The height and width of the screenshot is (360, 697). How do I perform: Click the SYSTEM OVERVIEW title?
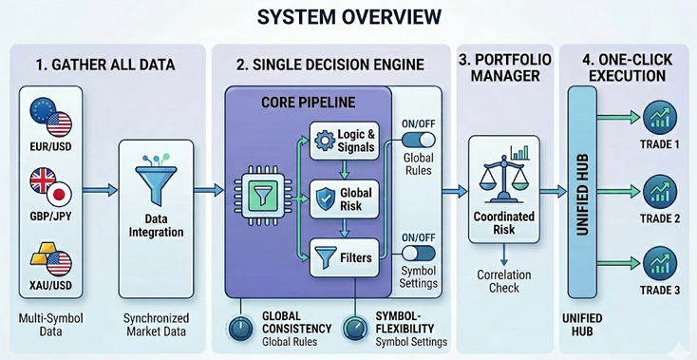tap(348, 17)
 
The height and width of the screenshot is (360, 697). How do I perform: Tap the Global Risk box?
tap(344, 198)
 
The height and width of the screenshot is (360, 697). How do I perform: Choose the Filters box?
tap(344, 256)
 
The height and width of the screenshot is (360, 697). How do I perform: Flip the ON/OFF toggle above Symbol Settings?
tap(419, 255)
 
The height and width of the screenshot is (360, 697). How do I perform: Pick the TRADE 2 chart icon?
tap(657, 189)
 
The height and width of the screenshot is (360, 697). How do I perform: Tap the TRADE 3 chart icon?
tap(657, 263)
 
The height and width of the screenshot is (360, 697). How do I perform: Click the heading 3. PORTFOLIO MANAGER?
tap(504, 68)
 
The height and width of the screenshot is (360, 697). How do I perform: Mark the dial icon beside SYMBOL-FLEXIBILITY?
tap(354, 328)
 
